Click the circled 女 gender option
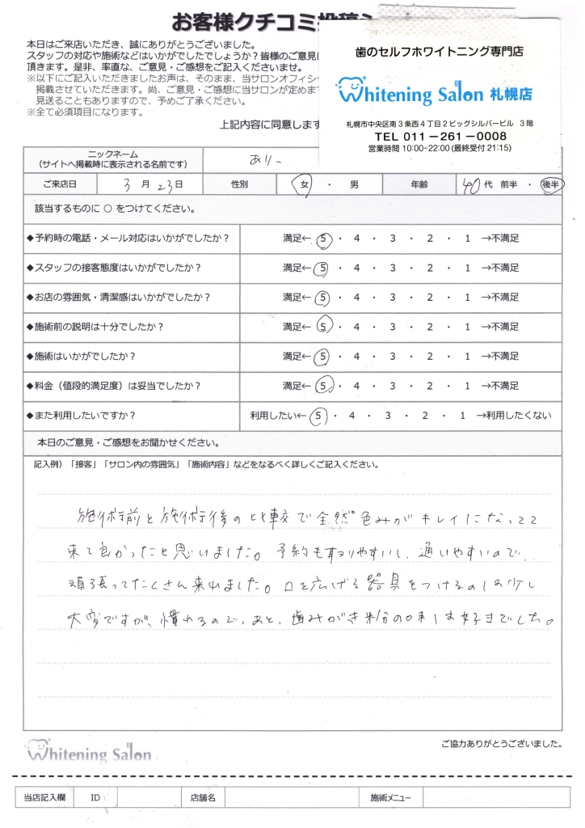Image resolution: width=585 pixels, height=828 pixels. (305, 184)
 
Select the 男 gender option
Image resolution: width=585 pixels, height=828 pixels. (354, 184)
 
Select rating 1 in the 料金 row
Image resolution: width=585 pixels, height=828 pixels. (467, 386)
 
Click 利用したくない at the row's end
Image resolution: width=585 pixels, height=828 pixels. (513, 416)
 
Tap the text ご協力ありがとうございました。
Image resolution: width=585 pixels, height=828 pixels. (502, 743)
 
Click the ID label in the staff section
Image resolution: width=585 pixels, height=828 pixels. (95, 798)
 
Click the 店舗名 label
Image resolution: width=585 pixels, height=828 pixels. (202, 798)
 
